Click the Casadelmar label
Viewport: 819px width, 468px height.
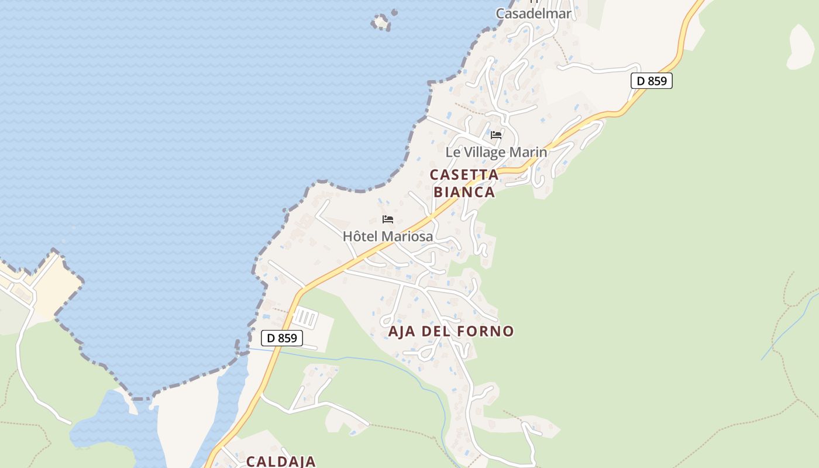[x=533, y=13]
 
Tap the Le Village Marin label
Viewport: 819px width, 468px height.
[x=496, y=152]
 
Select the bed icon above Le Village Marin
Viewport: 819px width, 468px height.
[x=496, y=135]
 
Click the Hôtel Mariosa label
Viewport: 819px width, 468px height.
[x=388, y=236]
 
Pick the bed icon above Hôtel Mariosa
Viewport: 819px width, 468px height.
[x=388, y=219]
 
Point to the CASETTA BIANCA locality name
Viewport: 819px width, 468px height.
[x=464, y=183]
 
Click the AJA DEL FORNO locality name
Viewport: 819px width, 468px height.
[x=451, y=331]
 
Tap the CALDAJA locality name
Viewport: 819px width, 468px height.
[x=281, y=461]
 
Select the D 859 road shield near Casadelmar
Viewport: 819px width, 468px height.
[x=651, y=81]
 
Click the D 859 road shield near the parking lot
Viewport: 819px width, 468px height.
[x=281, y=338]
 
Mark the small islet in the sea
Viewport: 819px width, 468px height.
[x=381, y=22]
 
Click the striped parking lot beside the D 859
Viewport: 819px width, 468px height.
[x=305, y=319]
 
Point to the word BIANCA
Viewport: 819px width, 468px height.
[x=464, y=192]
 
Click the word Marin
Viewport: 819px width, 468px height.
[x=529, y=152]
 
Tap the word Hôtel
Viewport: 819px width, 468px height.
[x=357, y=236]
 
